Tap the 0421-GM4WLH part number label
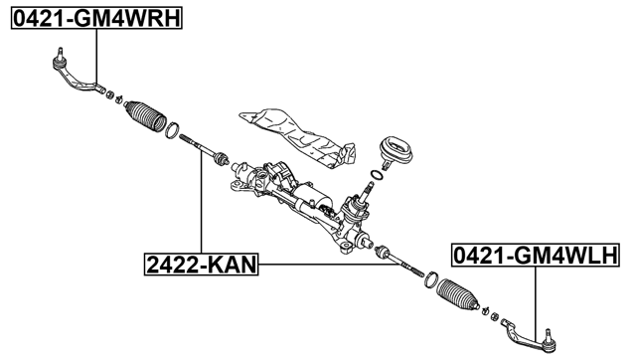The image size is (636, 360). pyautogui.click(x=535, y=256)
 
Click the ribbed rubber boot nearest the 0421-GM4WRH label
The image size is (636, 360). pyautogui.click(x=145, y=115)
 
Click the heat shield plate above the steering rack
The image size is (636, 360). pyautogui.click(x=298, y=133)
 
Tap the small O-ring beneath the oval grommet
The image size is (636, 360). pyautogui.click(x=374, y=176)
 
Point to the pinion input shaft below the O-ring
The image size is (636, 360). pyautogui.click(x=357, y=206)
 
